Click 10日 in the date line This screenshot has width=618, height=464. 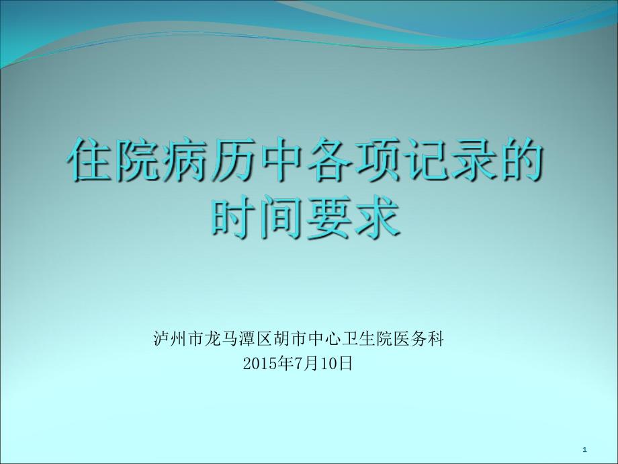335,363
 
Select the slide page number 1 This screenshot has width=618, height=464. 585,449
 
